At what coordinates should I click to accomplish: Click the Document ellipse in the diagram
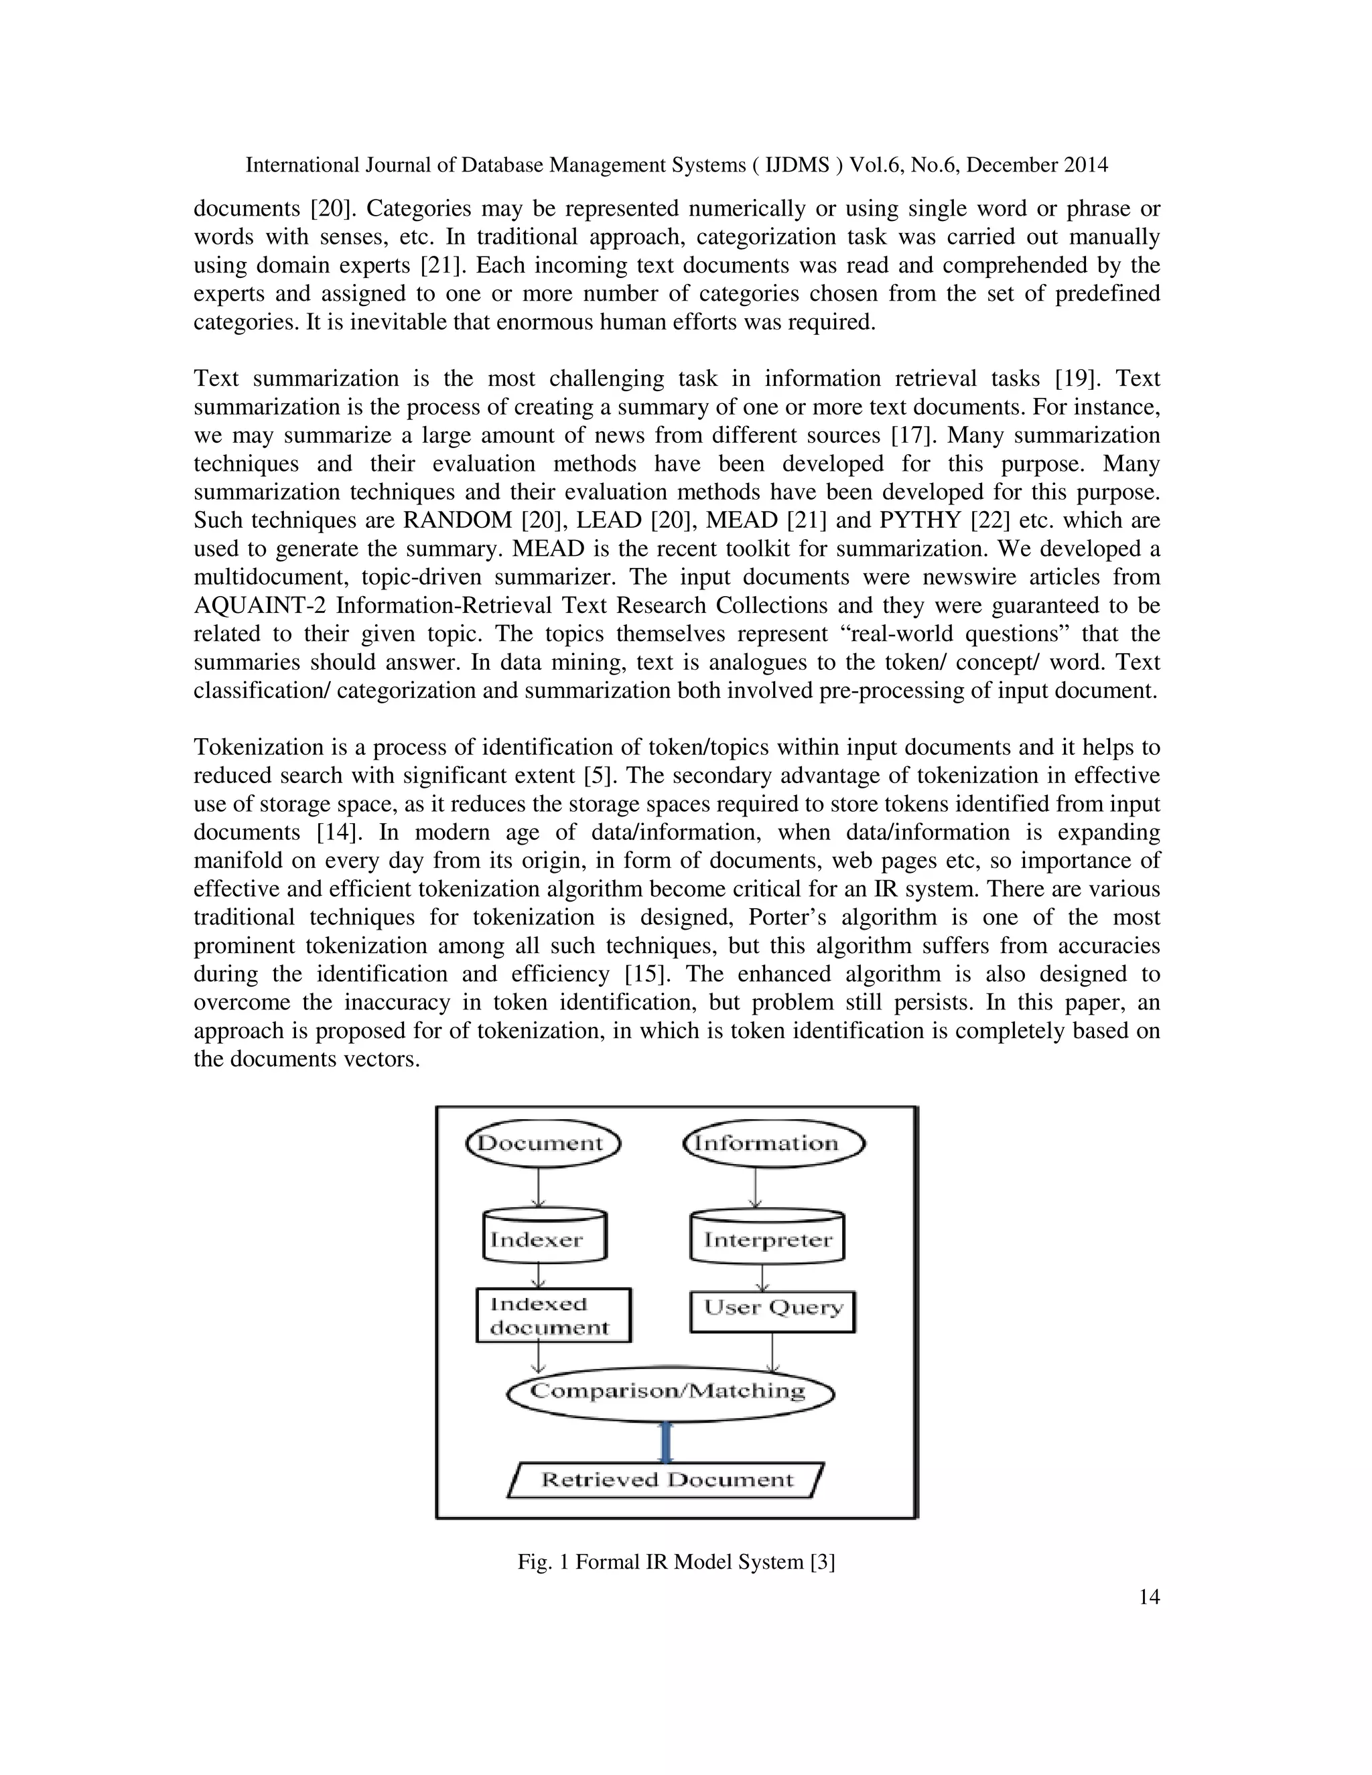click(542, 1143)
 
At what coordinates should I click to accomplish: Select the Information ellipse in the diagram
click(773, 1143)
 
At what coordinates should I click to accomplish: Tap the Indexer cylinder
click(544, 1238)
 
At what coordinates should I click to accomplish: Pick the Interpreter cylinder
click(766, 1238)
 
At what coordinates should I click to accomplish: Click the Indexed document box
click(553, 1315)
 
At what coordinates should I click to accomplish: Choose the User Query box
click(772, 1307)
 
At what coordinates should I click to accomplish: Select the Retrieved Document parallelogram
click(666, 1479)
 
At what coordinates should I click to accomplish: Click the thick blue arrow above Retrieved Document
click(667, 1442)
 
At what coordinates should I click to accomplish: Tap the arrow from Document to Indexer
click(538, 1188)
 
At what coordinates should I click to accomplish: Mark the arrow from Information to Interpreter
click(756, 1188)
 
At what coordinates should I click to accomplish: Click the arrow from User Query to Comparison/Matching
click(771, 1352)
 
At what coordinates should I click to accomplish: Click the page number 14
click(1148, 1597)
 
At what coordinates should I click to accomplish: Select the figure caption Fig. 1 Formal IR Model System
click(676, 1561)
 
